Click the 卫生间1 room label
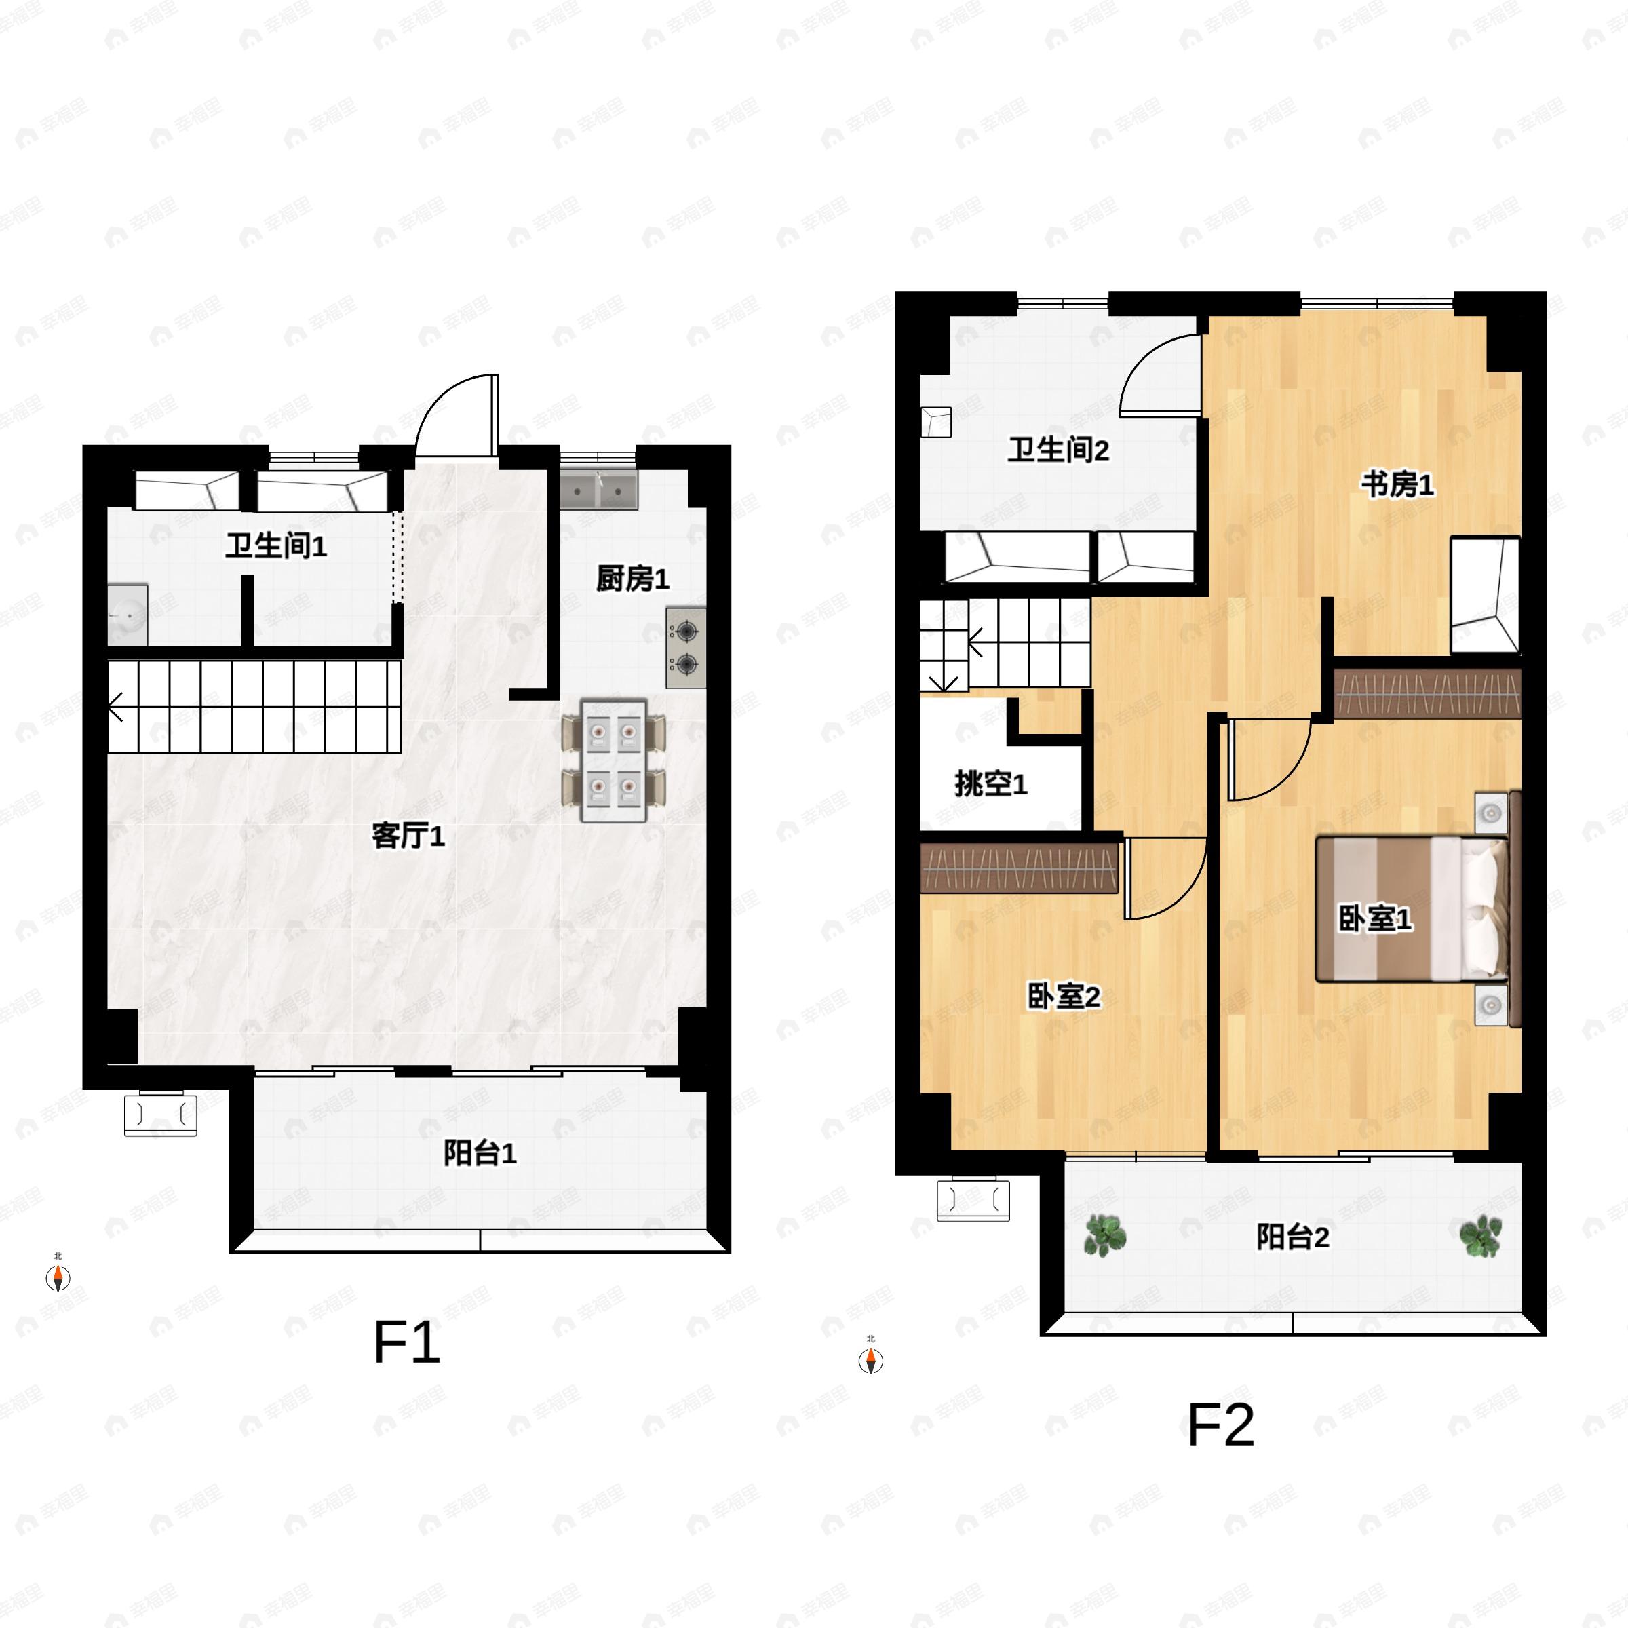tap(275, 546)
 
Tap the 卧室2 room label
tap(1064, 997)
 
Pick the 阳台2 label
tap(1293, 1237)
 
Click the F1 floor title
tap(406, 1343)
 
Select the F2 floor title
tap(1221, 1425)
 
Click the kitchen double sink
tap(598, 490)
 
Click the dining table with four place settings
tap(613, 761)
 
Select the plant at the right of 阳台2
tap(1481, 1236)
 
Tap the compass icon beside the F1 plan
tap(57, 1278)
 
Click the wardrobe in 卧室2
tap(1020, 869)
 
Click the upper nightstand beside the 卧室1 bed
tap(1491, 813)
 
